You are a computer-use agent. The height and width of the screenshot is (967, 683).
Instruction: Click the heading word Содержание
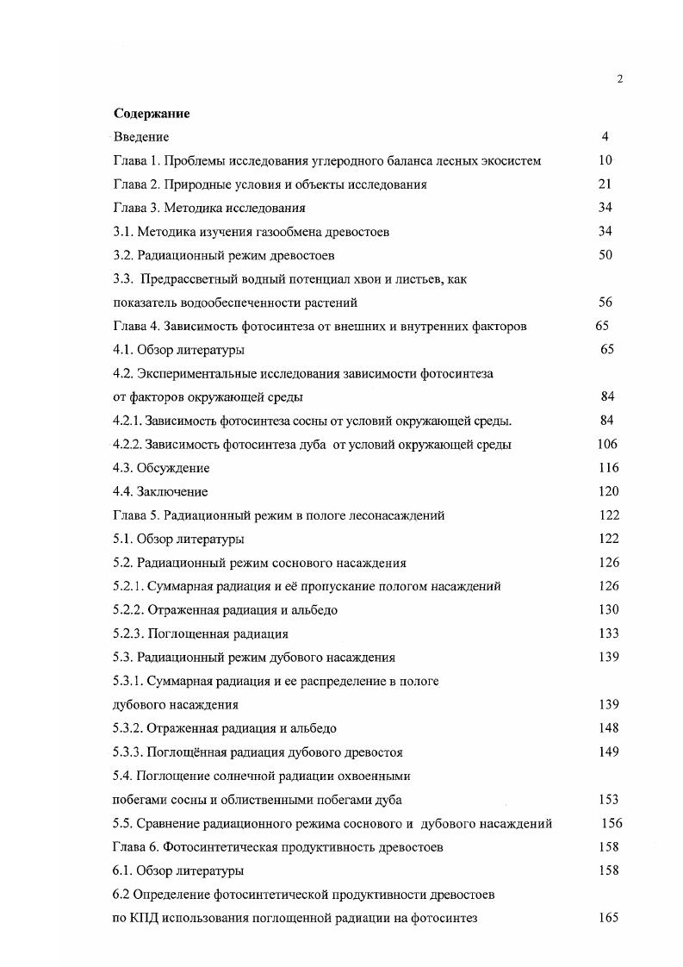(x=152, y=113)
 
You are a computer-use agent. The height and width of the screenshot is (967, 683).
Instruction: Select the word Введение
(x=141, y=136)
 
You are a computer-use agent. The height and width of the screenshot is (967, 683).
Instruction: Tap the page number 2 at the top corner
(x=620, y=79)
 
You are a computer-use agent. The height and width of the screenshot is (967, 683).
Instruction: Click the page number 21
(x=605, y=184)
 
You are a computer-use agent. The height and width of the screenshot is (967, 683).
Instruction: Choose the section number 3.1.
(x=124, y=231)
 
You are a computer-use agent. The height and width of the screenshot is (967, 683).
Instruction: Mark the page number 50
(x=605, y=255)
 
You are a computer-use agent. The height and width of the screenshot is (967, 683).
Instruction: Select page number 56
(x=605, y=303)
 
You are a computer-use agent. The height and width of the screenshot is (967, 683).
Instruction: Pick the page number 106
(x=607, y=445)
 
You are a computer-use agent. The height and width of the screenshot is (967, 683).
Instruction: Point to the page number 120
(x=608, y=491)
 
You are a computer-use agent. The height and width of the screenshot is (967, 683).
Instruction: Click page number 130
(x=608, y=609)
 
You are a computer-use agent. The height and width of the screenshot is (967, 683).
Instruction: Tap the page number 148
(x=608, y=728)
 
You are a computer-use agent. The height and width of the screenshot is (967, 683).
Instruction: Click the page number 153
(x=608, y=799)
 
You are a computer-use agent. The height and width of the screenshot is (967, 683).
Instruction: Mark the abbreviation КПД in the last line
(x=144, y=918)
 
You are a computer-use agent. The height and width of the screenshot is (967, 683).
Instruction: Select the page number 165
(x=608, y=918)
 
